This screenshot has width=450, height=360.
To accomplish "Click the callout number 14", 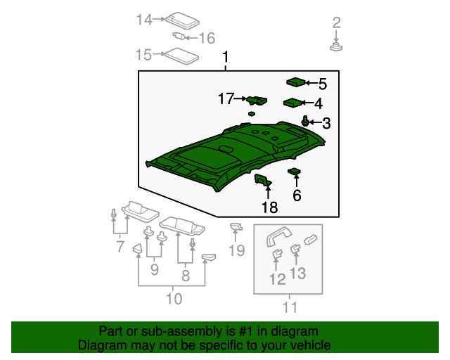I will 144,20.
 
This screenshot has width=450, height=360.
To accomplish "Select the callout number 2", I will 336,22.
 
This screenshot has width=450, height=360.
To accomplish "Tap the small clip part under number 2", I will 336,47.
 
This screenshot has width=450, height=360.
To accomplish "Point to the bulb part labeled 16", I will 179,37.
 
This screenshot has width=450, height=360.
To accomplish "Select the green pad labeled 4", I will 292,103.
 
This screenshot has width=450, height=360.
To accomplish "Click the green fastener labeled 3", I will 306,121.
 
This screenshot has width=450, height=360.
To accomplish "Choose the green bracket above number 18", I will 263,181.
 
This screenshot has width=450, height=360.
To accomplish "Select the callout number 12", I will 277,279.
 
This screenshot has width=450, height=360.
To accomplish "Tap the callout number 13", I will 299,273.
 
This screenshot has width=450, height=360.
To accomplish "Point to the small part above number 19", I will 236,226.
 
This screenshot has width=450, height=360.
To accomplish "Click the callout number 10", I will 174,299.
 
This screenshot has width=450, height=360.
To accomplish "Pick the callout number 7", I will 120,247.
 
